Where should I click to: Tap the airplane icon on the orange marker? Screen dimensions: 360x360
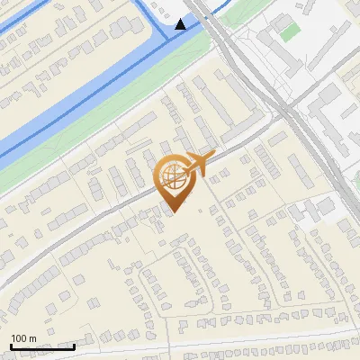click(x=201, y=162)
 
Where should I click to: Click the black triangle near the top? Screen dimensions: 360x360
click(x=182, y=24)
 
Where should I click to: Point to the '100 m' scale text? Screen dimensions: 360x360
click(x=23, y=337)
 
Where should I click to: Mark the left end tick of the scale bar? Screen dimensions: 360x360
click(x=11, y=346)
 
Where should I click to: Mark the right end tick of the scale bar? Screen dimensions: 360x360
click(x=74, y=346)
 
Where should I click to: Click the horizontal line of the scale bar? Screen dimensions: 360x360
click(x=42, y=346)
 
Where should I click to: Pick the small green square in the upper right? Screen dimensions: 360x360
click(x=289, y=32)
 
